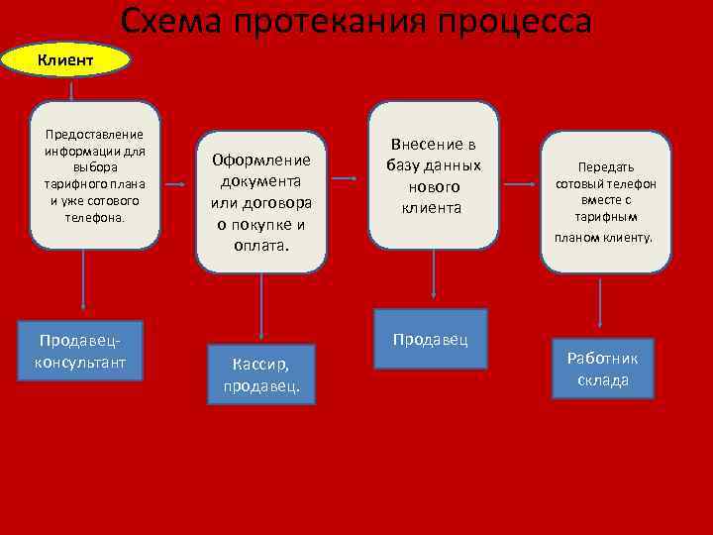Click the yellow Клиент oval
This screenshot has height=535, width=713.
coord(66,60)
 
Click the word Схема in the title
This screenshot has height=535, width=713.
coord(168,21)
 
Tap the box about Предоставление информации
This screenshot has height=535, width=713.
coord(94,175)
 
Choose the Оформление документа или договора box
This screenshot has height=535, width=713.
coord(261,201)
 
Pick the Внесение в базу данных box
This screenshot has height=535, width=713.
coord(434,175)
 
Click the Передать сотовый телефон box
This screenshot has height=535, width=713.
coord(606,202)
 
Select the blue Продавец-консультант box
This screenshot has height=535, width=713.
coord(81,351)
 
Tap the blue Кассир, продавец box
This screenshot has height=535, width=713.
coord(261,374)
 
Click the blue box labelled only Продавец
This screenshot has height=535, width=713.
coord(431,340)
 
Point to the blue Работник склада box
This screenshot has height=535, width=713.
coord(603,369)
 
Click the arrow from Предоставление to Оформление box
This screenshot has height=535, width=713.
coord(175,184)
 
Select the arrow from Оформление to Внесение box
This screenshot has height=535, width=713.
coord(345,179)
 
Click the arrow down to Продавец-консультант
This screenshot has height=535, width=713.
coord(83,282)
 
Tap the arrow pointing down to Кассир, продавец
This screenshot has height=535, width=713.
coord(261,307)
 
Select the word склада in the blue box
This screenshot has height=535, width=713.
coord(603,380)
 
